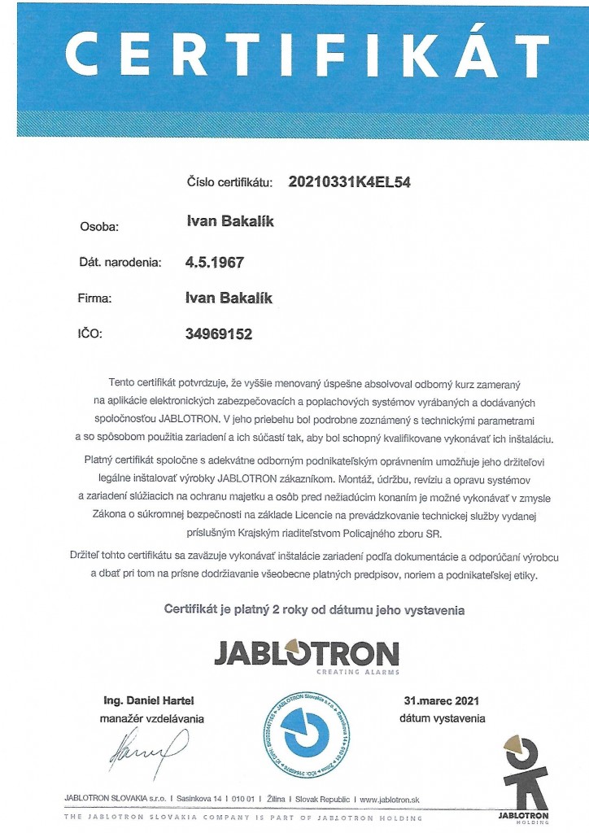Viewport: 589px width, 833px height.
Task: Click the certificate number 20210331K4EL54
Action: click(x=350, y=182)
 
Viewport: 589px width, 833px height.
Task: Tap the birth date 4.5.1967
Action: click(x=215, y=263)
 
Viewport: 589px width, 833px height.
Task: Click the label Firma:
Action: click(x=96, y=299)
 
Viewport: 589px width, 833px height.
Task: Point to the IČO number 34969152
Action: click(x=219, y=334)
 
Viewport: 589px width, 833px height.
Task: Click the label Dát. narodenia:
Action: click(x=120, y=263)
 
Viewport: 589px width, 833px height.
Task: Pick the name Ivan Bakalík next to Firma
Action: click(x=229, y=298)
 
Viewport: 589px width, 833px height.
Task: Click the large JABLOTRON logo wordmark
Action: click(x=306, y=652)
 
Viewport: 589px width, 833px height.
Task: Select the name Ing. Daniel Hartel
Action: click(x=149, y=700)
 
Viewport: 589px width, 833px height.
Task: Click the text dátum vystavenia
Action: click(x=442, y=718)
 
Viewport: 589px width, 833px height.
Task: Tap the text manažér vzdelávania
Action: click(x=152, y=718)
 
